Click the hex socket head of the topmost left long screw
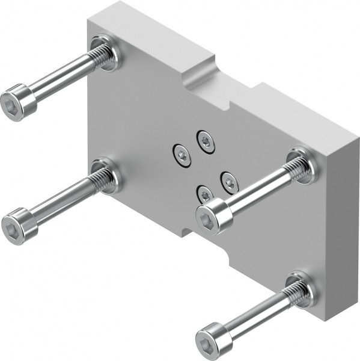click(17, 102)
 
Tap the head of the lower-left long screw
click(19, 225)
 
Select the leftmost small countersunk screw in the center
click(181, 155)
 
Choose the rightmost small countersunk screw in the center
click(229, 180)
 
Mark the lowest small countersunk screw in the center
click(204, 194)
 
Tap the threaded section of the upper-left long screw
click(97, 60)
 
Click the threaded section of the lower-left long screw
click(99, 181)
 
